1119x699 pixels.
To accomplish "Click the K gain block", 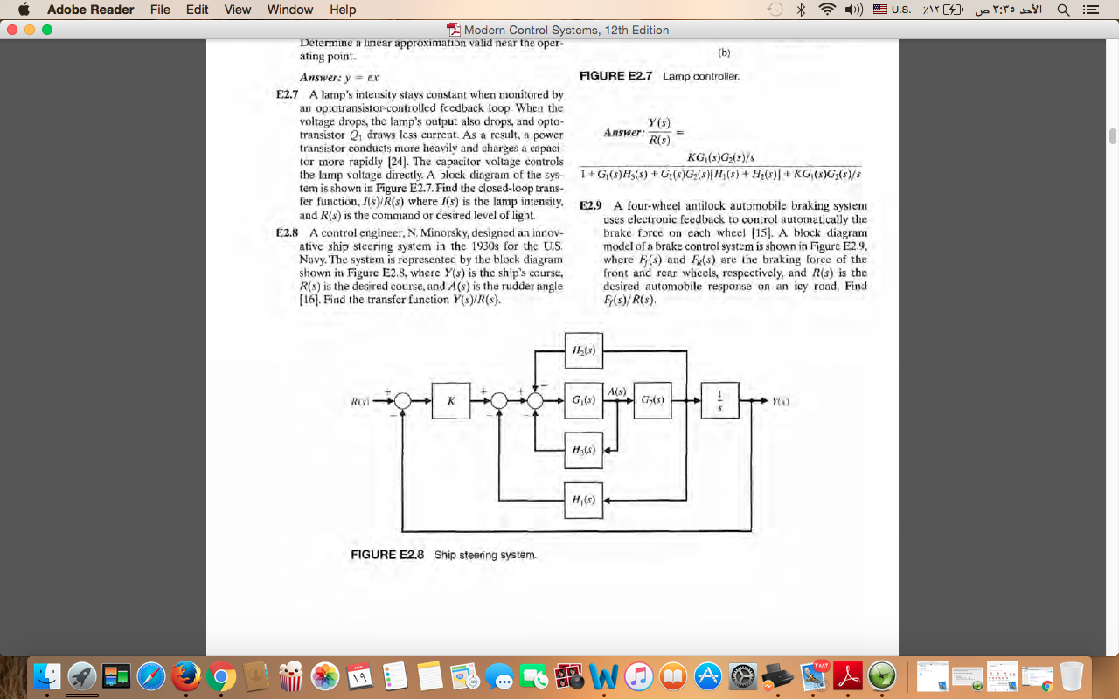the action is (x=451, y=400).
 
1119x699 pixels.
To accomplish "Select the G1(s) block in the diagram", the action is (x=583, y=400).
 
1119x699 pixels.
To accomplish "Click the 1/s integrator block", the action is (x=719, y=400).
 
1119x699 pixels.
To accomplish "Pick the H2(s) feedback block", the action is (x=583, y=351).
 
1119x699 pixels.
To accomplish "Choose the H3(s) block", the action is (x=583, y=450).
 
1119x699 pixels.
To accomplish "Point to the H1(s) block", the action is (x=583, y=500).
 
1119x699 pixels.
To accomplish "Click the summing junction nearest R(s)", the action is (x=402, y=400).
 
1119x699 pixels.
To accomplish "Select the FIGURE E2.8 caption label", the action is (x=386, y=555).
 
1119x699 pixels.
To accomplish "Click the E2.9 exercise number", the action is (x=591, y=206).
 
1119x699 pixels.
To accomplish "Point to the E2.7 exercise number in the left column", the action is (x=287, y=94).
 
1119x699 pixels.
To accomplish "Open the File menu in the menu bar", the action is (x=160, y=10).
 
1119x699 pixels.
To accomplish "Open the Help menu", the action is (x=343, y=10).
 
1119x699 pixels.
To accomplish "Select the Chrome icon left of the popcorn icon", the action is (x=221, y=675).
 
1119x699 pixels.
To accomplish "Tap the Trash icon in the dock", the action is (x=1071, y=675).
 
